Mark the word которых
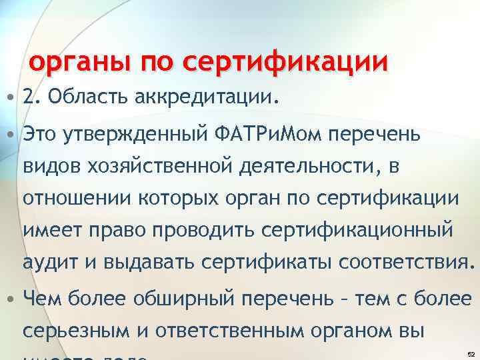168,197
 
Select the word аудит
48,260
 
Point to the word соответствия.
407,260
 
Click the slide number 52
471,353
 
